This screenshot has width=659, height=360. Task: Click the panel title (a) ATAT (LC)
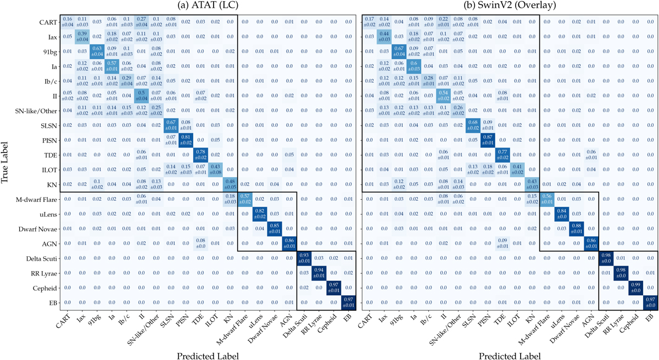[x=208, y=7]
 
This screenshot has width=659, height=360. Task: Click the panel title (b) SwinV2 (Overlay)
[x=509, y=7]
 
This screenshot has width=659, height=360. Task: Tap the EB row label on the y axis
[x=48, y=301]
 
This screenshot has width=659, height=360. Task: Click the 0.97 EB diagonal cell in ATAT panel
[x=348, y=301]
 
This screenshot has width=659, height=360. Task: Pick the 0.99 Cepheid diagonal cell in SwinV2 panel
[x=634, y=286]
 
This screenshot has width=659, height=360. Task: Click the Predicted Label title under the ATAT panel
[x=208, y=355]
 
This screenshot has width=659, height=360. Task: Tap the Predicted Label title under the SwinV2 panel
[x=509, y=355]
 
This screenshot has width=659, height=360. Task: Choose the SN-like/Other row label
[x=31, y=110]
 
